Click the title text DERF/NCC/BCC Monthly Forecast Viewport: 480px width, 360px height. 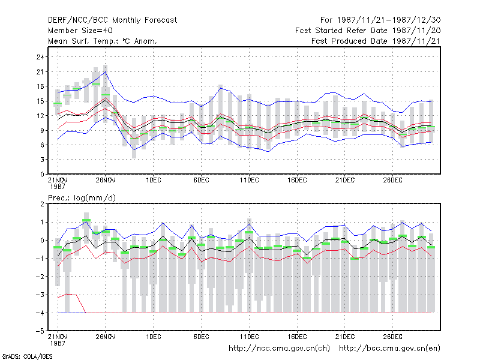(x=112, y=20)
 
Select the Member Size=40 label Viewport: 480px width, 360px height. (x=80, y=31)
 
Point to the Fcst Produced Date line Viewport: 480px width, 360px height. (x=376, y=41)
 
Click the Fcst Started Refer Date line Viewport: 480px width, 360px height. (x=368, y=31)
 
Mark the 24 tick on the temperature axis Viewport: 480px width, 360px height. (x=40, y=57)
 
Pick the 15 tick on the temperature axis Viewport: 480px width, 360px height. (x=40, y=101)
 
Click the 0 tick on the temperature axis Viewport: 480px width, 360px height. (x=42, y=174)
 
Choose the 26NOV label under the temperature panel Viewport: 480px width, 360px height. (x=106, y=180)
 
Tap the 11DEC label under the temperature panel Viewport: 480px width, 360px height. (x=249, y=180)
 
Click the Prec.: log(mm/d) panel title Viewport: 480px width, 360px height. (x=82, y=198)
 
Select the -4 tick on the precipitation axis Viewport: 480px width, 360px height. (x=40, y=313)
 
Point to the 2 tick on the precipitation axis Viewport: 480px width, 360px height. (x=42, y=204)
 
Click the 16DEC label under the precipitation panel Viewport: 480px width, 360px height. (x=297, y=337)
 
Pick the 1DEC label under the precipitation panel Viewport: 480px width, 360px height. (x=154, y=337)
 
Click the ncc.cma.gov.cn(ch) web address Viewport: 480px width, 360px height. (x=279, y=349)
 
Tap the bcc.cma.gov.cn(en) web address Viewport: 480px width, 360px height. (x=389, y=349)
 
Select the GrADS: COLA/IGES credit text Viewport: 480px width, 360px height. (x=27, y=356)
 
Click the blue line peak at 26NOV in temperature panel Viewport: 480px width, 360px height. (x=106, y=71)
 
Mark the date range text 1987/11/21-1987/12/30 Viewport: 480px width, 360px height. (x=389, y=20)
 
